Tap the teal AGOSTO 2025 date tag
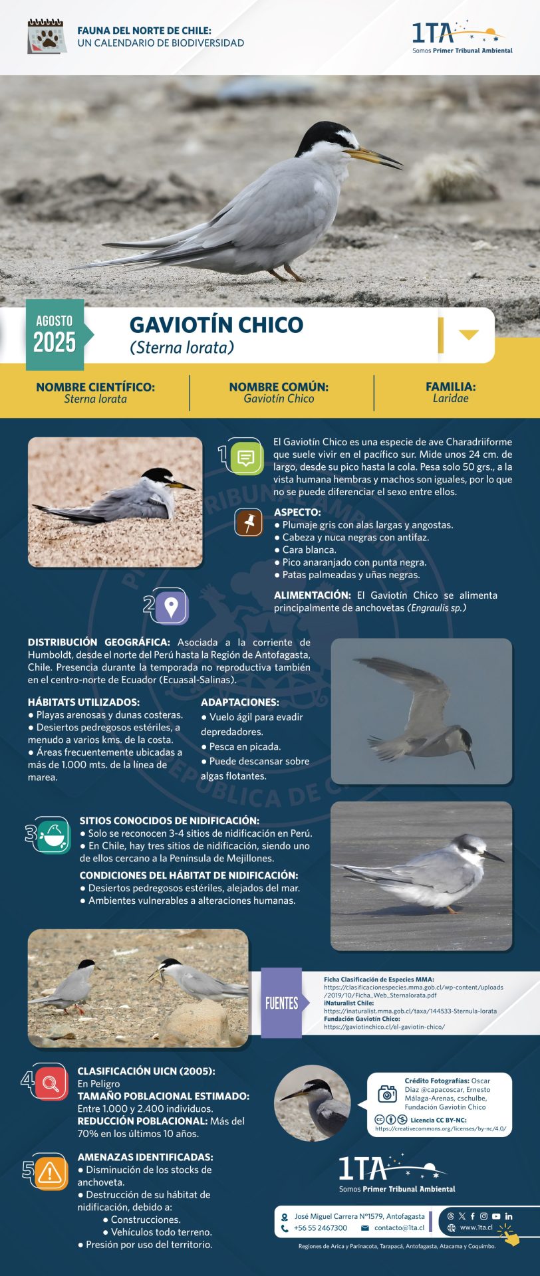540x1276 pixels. point(55,334)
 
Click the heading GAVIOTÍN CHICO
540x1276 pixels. point(216,324)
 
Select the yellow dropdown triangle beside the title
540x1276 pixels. point(468,334)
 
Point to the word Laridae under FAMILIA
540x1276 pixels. point(450,399)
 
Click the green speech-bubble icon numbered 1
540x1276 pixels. point(245,457)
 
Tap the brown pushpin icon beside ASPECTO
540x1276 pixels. point(249,522)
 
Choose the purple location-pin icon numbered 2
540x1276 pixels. point(171,606)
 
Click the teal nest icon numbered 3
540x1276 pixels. point(53,835)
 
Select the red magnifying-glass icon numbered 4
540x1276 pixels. point(50,1084)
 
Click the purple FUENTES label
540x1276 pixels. point(281,1003)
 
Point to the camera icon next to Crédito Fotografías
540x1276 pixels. point(387,1093)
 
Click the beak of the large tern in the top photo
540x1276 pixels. point(375,157)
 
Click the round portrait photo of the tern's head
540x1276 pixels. point(313,1103)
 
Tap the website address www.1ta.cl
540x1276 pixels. point(476,1227)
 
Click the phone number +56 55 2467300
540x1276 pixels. point(321,1228)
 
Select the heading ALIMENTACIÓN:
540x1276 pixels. point(312,595)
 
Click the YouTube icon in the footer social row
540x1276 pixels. point(496,1216)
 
